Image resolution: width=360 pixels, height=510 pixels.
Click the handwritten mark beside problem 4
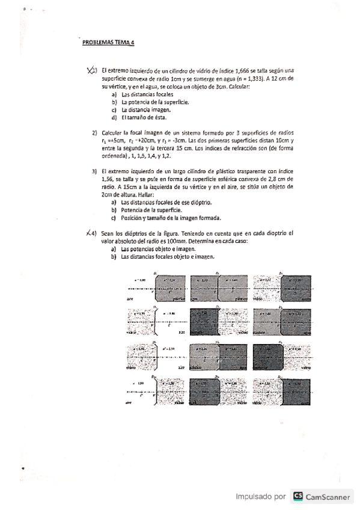pyautogui.click(x=90, y=233)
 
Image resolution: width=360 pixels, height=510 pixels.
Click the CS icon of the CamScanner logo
pyautogui.click(x=297, y=497)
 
